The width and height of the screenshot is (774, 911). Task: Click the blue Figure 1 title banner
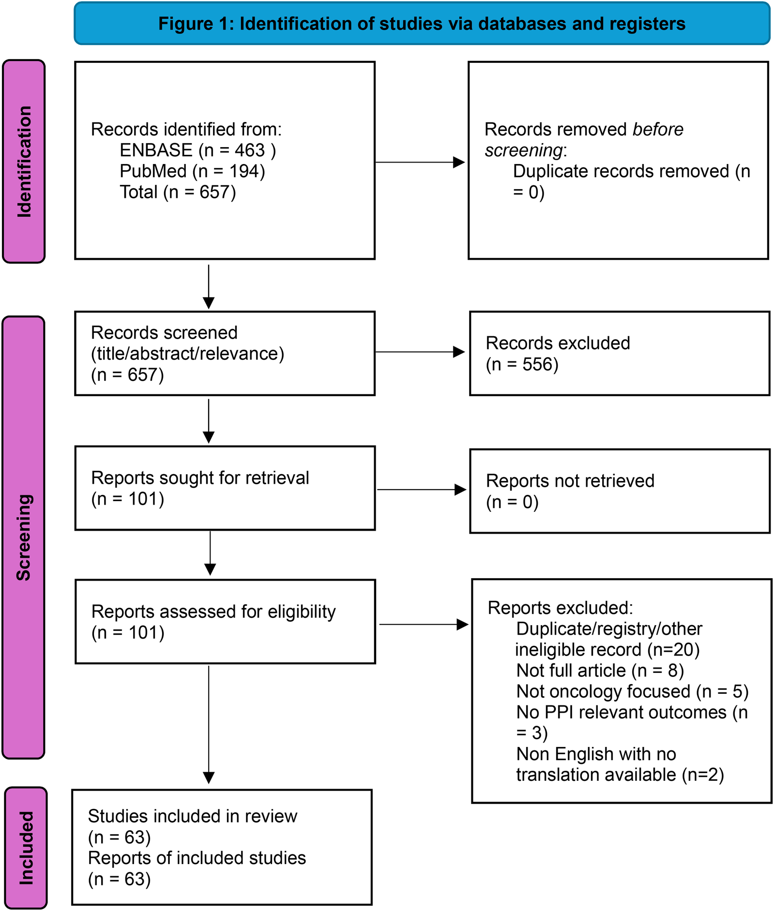422,23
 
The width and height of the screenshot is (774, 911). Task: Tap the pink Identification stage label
24,161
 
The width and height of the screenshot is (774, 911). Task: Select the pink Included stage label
26,848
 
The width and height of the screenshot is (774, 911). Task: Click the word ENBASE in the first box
156,150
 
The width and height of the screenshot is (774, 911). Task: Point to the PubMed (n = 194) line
192,171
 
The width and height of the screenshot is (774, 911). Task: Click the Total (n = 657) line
178,192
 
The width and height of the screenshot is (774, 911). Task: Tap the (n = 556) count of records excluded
522,364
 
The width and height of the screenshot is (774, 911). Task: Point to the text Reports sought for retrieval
200,478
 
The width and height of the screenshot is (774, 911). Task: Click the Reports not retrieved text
570,481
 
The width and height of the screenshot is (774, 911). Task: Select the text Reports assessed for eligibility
213,612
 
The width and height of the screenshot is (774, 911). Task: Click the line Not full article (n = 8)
600,671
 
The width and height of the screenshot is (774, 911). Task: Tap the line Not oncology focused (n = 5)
632,691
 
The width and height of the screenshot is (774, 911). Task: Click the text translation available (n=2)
620,775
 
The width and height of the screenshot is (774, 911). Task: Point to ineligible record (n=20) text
607,650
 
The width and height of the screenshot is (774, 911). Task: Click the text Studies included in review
192,816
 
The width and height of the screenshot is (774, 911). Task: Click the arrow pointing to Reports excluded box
423,625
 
